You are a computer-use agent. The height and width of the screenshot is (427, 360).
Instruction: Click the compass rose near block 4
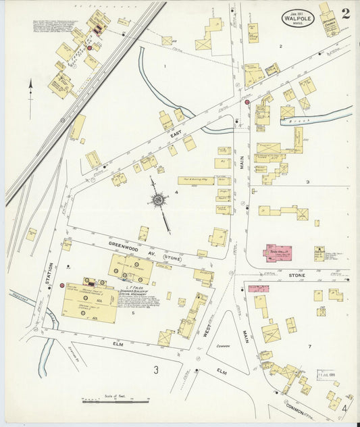coord(159,200)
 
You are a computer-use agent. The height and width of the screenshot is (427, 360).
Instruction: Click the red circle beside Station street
coord(62,286)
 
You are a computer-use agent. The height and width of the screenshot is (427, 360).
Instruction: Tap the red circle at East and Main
coord(247,102)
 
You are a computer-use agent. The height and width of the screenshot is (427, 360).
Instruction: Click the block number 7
coord(309,347)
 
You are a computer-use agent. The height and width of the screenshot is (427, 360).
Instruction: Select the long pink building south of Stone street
coord(258,288)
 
